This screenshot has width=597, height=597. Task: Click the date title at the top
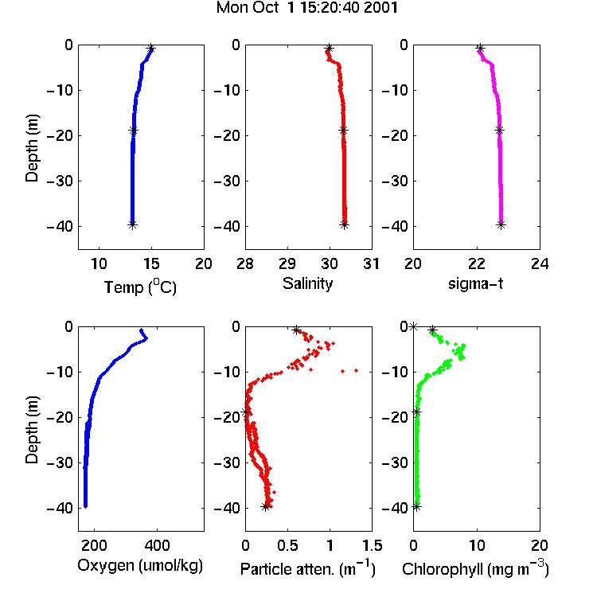click(307, 7)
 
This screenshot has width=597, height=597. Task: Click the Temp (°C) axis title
click(140, 287)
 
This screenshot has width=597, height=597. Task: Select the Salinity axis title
click(307, 283)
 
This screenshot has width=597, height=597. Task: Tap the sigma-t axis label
click(475, 283)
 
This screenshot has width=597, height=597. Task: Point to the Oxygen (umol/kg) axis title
click(140, 566)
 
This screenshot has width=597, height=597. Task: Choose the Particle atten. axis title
click(308, 568)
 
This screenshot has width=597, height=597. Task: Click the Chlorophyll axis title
click(475, 568)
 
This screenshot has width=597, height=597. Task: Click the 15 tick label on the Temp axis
click(151, 263)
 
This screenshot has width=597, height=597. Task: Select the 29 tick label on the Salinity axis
click(287, 263)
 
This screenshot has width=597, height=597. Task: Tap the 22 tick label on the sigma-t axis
click(477, 263)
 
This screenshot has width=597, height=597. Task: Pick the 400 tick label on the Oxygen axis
click(158, 545)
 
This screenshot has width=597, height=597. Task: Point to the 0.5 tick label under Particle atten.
click(287, 545)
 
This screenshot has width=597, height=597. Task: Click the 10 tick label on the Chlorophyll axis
click(477, 545)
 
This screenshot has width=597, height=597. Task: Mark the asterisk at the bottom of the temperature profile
click(132, 224)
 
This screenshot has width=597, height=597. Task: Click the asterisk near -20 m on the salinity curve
click(343, 131)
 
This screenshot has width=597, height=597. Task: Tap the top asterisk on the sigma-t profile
click(481, 49)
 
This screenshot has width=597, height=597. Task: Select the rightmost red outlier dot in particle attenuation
click(357, 370)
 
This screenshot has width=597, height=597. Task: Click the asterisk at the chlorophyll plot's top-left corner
click(413, 326)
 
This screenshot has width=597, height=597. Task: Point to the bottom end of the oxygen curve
click(86, 506)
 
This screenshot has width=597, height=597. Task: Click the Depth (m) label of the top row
click(32, 148)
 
